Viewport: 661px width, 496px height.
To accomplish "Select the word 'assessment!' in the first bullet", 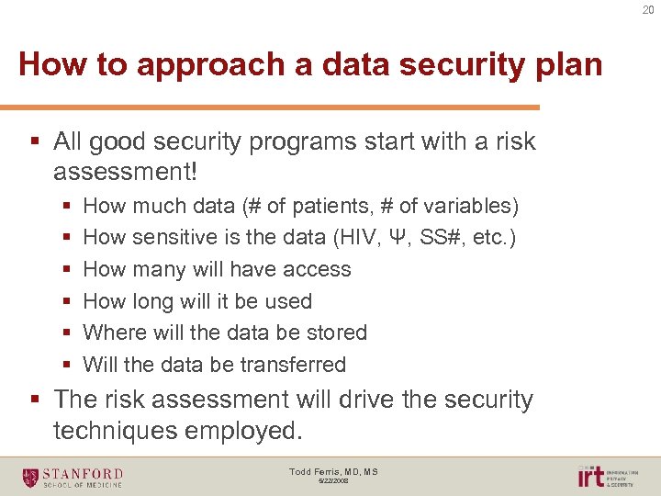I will [126, 172].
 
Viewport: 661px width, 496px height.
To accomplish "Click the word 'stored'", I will [336, 333].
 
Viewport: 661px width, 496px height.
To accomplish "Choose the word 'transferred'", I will [291, 365].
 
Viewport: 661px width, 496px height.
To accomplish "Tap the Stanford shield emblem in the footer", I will [31, 477].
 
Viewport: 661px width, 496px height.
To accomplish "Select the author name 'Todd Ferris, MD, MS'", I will [333, 471].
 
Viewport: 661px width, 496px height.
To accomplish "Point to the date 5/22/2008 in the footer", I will [333, 481].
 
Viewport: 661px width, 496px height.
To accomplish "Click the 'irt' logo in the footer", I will [590, 476].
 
